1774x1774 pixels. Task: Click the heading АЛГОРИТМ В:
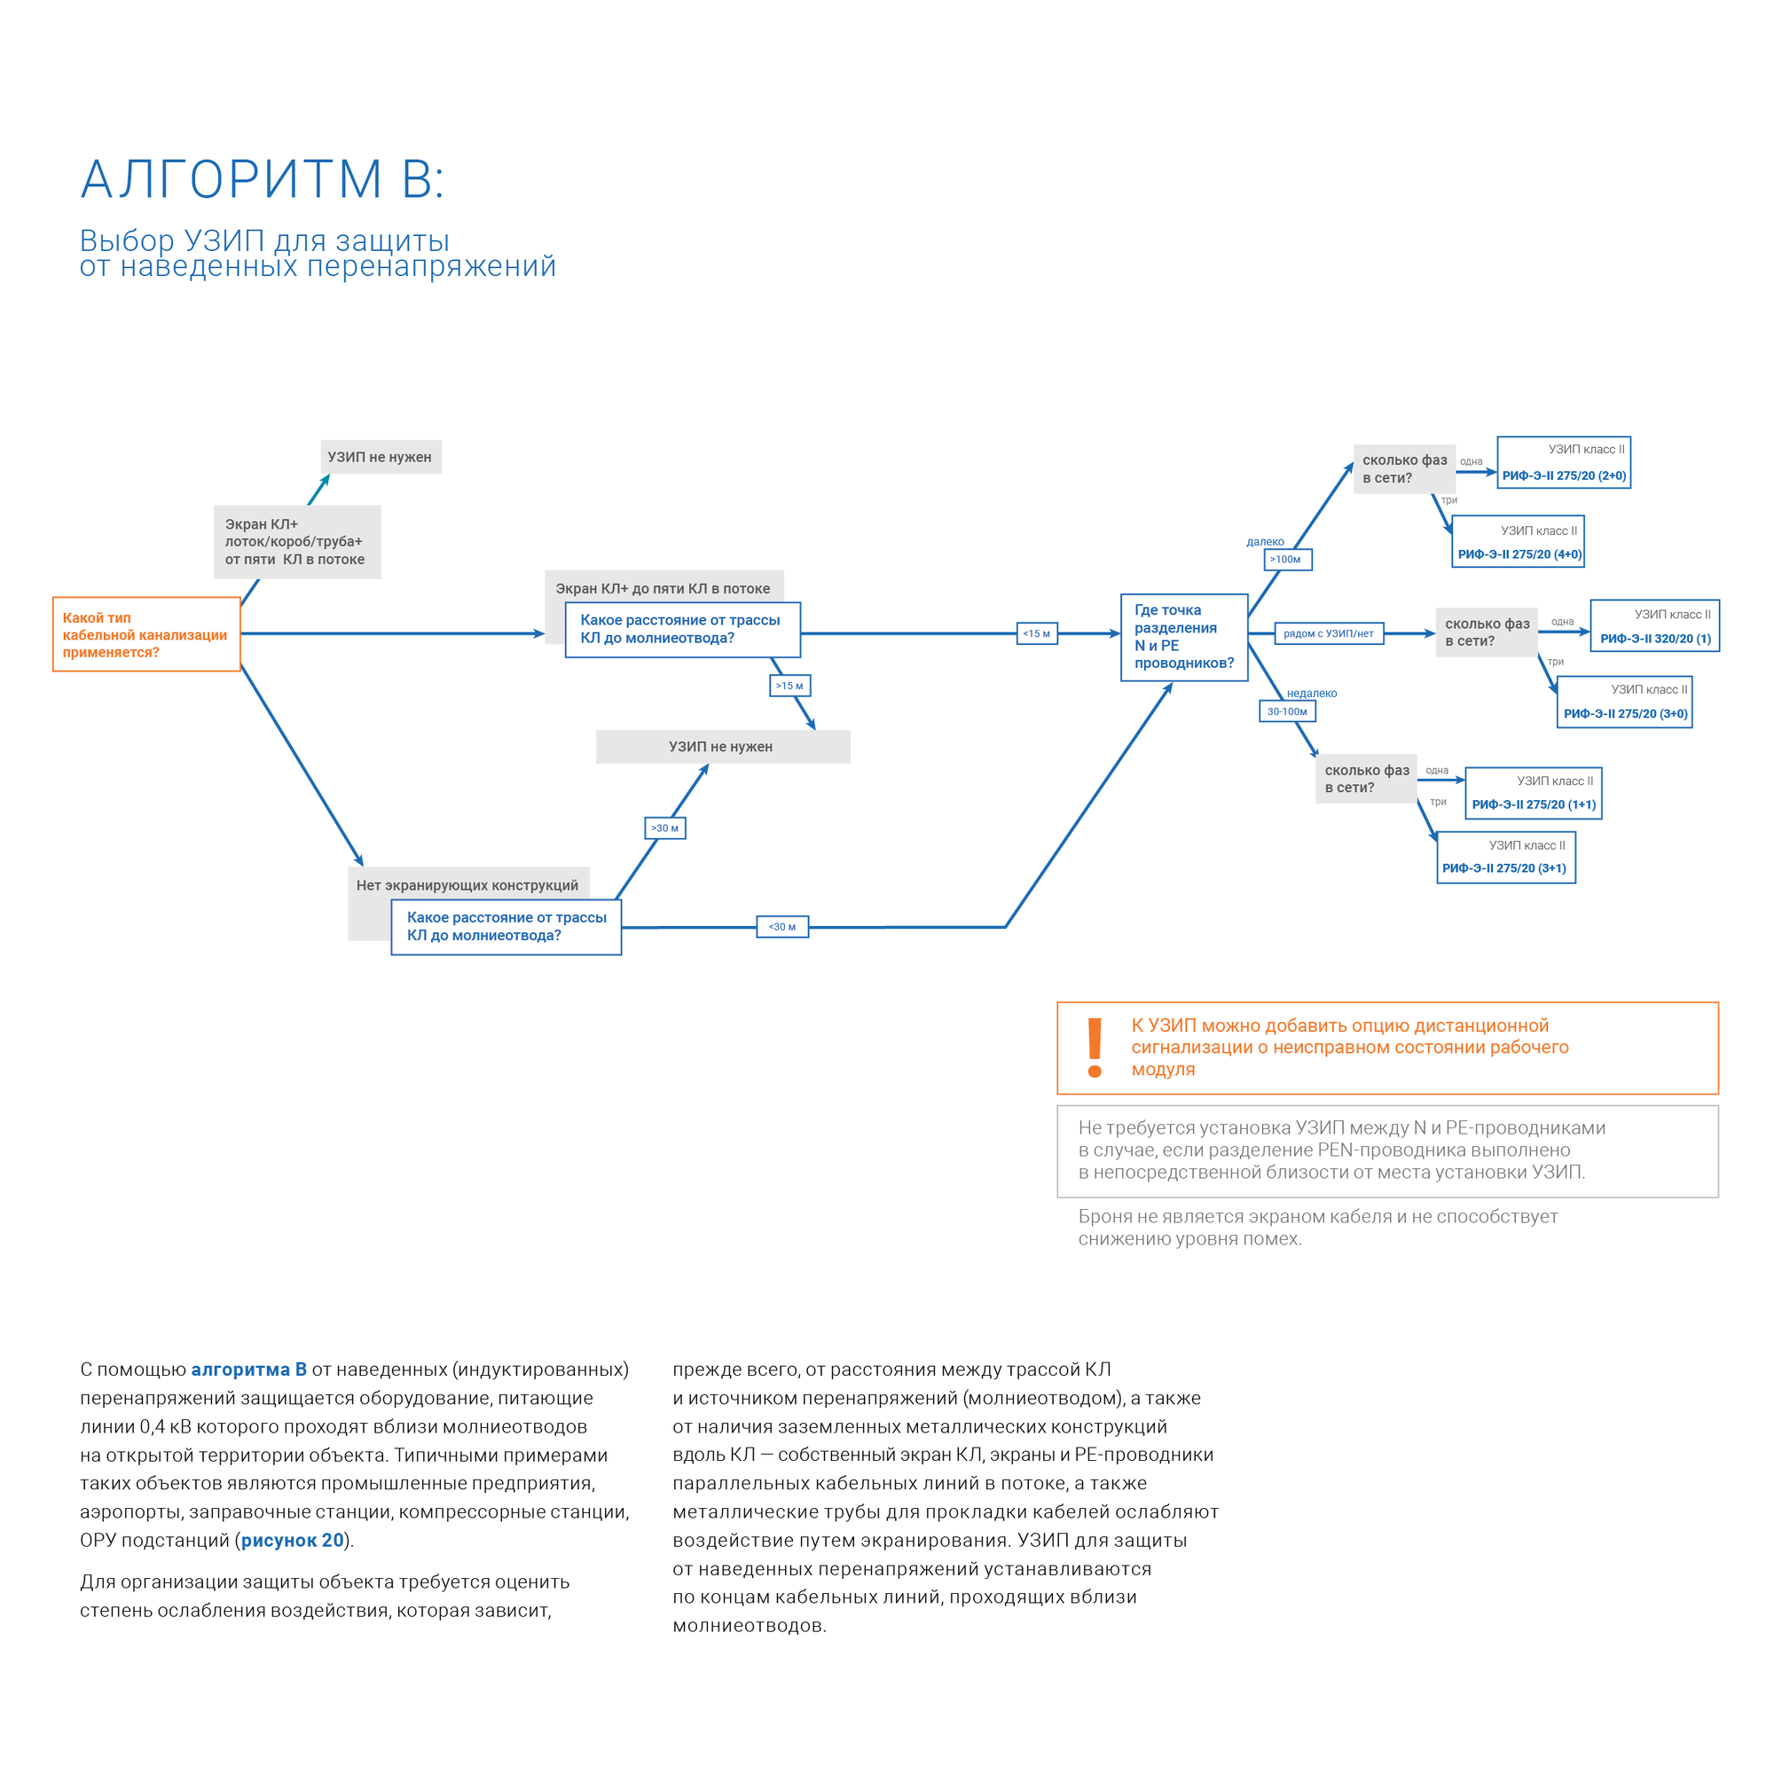[x=263, y=179]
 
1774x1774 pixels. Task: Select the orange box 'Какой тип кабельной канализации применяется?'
[x=146, y=634]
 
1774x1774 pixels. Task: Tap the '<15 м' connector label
[x=1037, y=633]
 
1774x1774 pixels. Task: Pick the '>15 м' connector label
[x=789, y=686]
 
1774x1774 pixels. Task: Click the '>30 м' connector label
[x=664, y=828]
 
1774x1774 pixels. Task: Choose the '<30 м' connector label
[x=782, y=928]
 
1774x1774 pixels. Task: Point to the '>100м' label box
[x=1287, y=559]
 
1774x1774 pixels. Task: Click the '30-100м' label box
[x=1287, y=711]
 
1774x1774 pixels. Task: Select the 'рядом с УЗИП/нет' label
[x=1329, y=633]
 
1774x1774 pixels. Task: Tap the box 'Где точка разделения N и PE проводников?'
[x=1183, y=637]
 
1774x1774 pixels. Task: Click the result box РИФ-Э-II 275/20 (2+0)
[x=1564, y=463]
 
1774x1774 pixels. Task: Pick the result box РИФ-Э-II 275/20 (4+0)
[x=1519, y=543]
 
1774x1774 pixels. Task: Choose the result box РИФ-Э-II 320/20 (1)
[x=1654, y=626]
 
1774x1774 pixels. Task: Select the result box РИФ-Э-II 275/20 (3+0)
[x=1624, y=703]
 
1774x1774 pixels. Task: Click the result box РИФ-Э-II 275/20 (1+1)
[x=1534, y=793]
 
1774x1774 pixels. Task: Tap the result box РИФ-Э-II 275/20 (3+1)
[x=1506, y=858]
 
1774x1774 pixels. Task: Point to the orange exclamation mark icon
[x=1095, y=1048]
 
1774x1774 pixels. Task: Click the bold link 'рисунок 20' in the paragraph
[x=292, y=1540]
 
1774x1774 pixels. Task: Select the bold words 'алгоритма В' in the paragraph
[x=249, y=1369]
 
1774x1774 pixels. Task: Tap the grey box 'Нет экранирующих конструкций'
[x=467, y=885]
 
